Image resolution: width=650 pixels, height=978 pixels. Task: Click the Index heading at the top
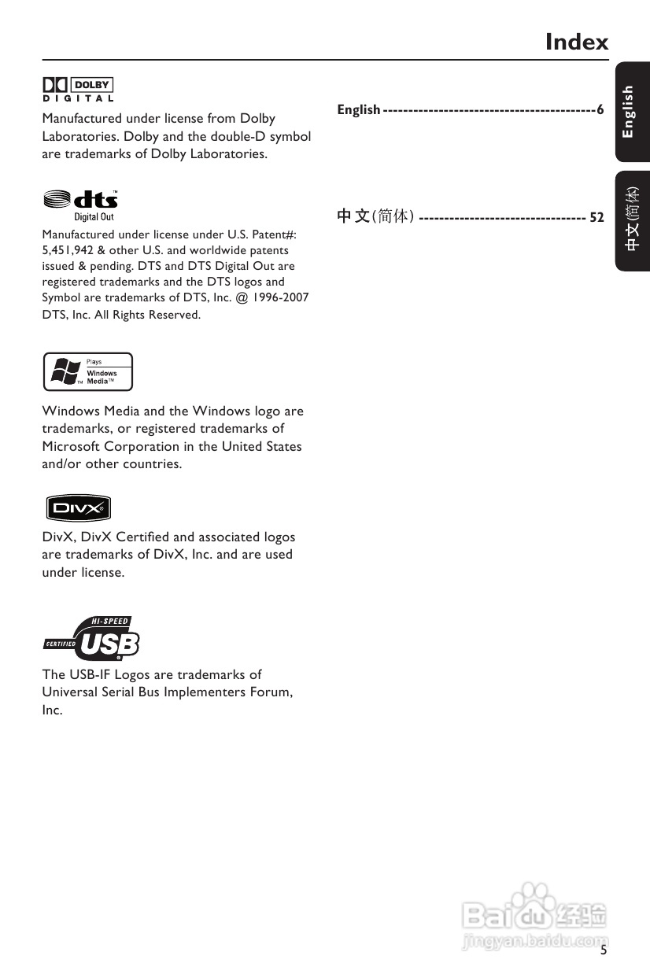coord(577,42)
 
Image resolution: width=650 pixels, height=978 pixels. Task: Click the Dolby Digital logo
coord(78,89)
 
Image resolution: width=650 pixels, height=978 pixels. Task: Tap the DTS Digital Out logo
coord(81,204)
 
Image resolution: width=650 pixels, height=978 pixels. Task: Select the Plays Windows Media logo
coord(87,371)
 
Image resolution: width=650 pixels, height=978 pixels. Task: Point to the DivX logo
coord(76,508)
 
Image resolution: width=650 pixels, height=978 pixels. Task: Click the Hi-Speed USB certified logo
coord(91,638)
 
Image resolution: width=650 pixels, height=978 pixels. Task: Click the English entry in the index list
coord(359,110)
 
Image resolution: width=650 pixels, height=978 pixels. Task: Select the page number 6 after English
coord(600,110)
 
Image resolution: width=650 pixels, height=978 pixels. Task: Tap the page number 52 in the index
coord(596,217)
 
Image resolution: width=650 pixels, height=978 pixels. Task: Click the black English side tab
coord(632,112)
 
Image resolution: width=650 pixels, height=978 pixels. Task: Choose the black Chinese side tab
coord(632,220)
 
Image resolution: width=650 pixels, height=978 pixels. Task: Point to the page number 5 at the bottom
coord(604,950)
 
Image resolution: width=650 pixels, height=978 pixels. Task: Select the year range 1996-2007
coord(281,297)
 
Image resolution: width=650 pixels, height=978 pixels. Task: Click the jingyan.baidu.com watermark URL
coord(535,939)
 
